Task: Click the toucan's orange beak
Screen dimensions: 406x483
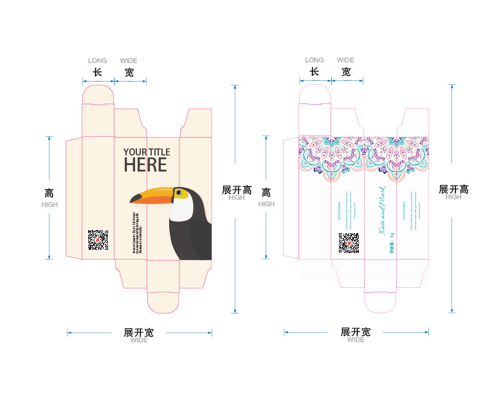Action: point(152,196)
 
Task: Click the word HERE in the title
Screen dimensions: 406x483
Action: point(145,165)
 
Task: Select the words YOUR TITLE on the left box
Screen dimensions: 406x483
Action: point(147,152)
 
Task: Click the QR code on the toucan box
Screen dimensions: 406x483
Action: point(98,240)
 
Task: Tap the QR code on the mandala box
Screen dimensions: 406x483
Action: point(348,243)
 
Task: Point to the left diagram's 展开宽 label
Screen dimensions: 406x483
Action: point(139,332)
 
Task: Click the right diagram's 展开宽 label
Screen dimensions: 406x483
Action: point(356,332)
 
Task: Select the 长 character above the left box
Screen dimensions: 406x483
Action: point(98,72)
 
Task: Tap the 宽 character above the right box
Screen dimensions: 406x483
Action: point(346,72)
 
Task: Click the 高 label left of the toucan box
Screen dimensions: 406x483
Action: point(50,193)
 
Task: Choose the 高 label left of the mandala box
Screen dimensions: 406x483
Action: point(266,193)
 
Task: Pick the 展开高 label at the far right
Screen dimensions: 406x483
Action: point(453,189)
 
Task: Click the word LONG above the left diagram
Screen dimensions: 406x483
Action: point(98,61)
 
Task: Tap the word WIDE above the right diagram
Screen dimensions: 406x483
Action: point(345,60)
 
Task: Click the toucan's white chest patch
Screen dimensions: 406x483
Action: point(181,209)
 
